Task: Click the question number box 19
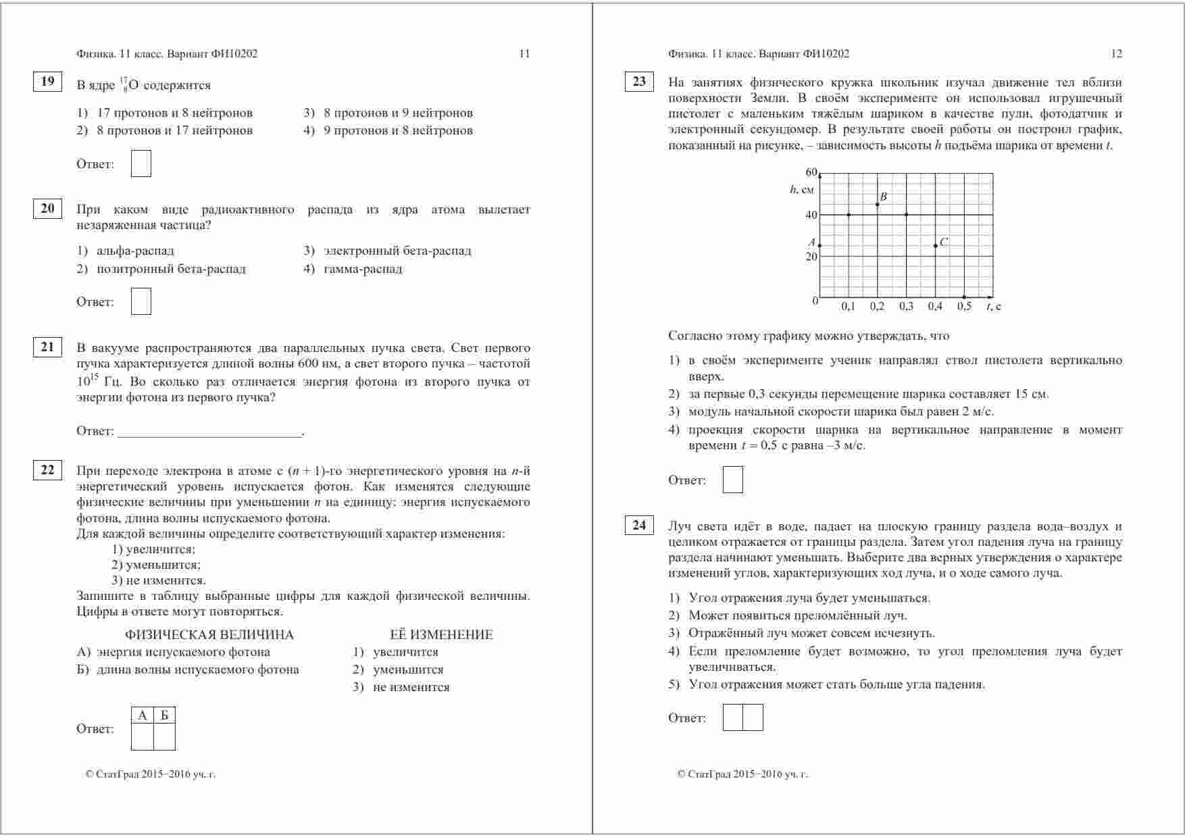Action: tap(47, 82)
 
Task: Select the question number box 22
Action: tap(47, 470)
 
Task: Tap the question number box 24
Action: tap(639, 525)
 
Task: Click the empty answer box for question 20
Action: tap(141, 301)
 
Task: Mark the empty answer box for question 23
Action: tap(732, 480)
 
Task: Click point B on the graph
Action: tap(877, 203)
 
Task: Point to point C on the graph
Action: tap(936, 245)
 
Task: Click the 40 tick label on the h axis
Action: tap(811, 215)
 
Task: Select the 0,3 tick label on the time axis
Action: tap(906, 307)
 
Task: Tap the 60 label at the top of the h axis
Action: tap(811, 172)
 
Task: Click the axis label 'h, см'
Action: tap(801, 190)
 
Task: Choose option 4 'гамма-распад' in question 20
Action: tap(363, 269)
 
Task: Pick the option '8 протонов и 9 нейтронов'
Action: tap(398, 113)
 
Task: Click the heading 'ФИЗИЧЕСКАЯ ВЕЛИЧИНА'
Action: tap(209, 635)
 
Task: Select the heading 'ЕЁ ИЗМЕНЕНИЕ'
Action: tap(441, 635)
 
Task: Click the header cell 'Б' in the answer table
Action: tap(164, 715)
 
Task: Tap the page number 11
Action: tap(524, 54)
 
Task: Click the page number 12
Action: tap(1116, 54)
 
